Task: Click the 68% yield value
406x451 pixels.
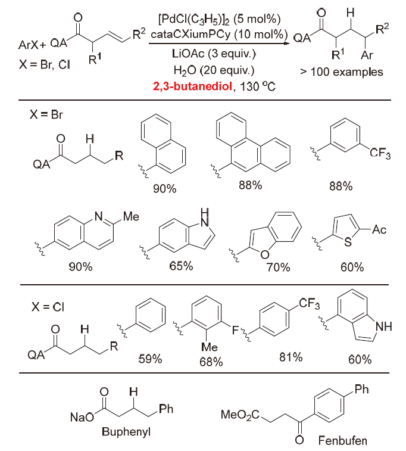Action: click(211, 362)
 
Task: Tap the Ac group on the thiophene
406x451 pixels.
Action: click(379, 229)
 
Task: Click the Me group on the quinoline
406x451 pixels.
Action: click(130, 216)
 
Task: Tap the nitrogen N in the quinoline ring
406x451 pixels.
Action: click(99, 216)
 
